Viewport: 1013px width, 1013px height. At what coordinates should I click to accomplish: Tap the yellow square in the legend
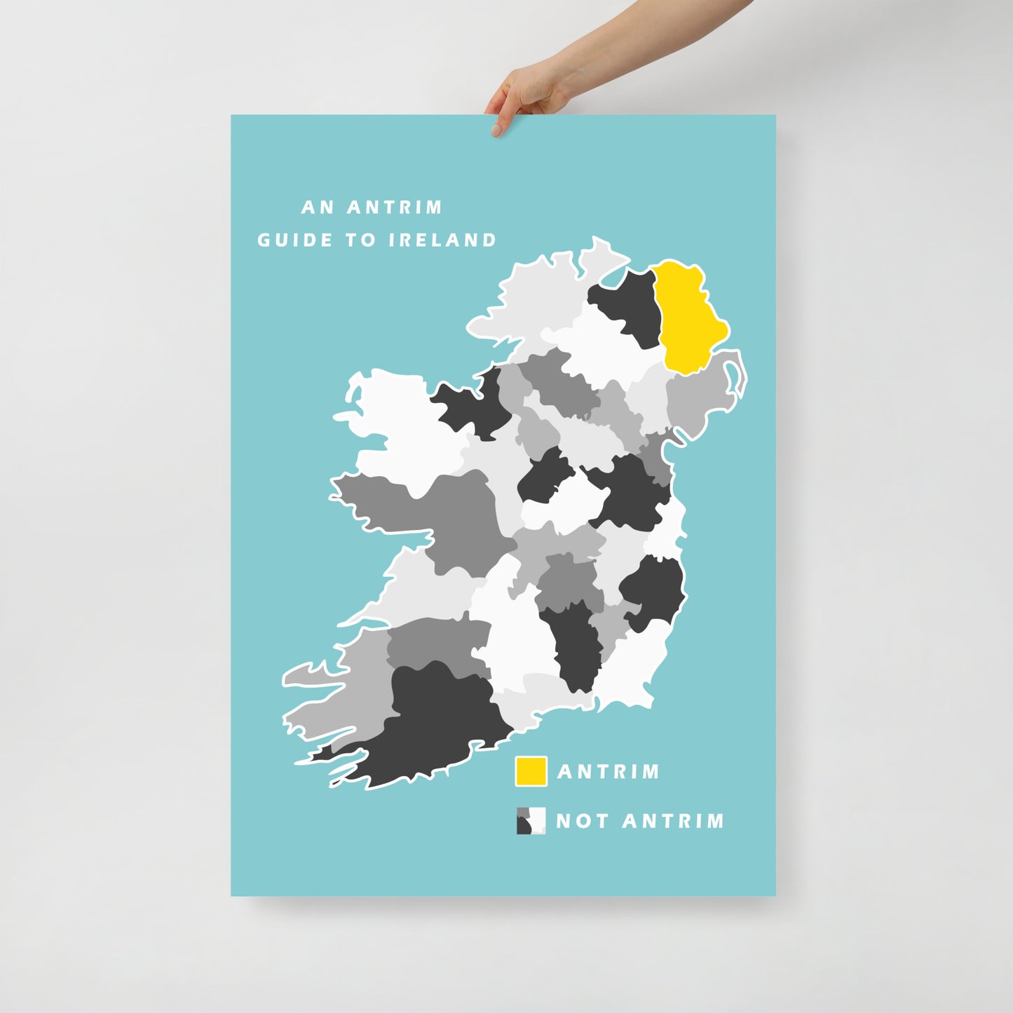tap(531, 771)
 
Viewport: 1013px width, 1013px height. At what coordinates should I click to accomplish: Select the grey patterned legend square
tap(531, 820)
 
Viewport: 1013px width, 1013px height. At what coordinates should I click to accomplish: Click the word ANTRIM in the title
tap(395, 208)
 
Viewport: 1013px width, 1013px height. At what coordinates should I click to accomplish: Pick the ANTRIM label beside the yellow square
tap(609, 772)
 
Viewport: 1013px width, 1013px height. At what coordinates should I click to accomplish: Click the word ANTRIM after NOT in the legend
tap(673, 821)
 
